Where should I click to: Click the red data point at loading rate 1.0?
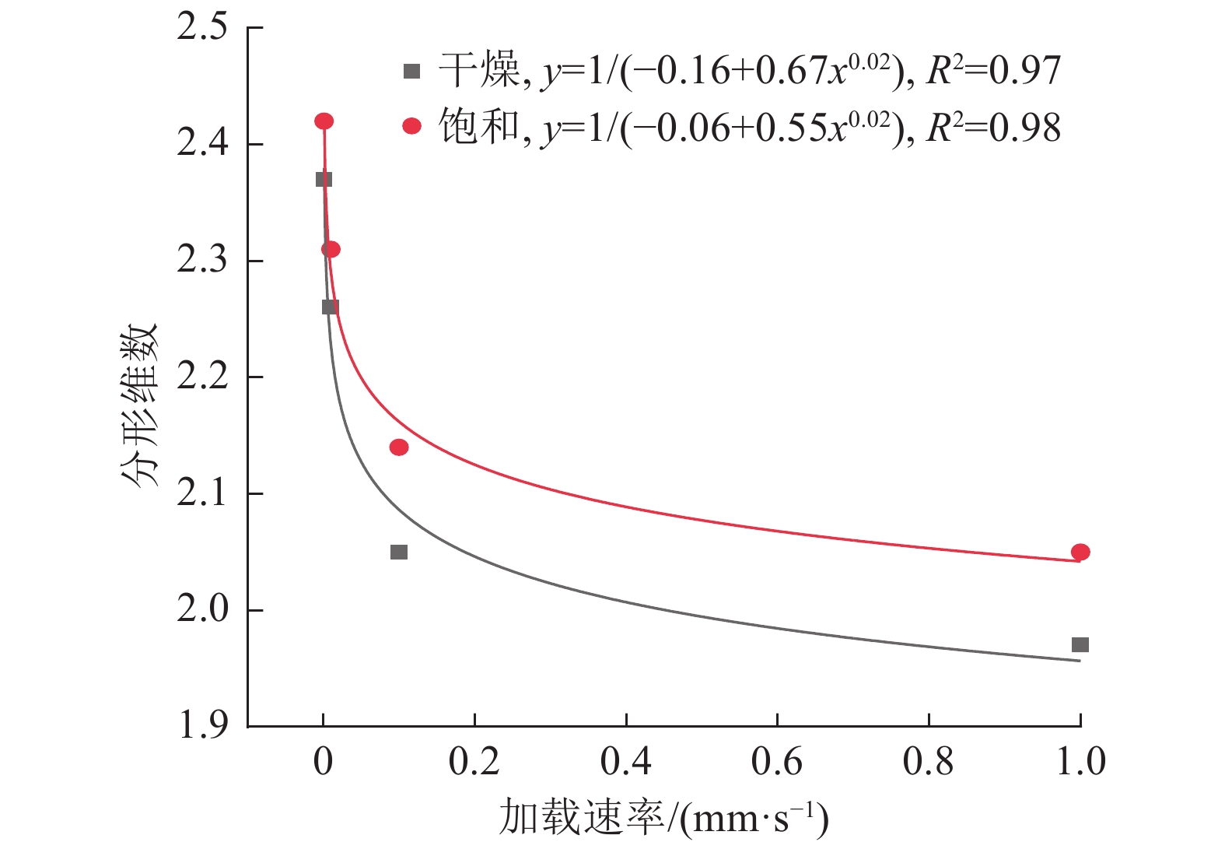coord(1080,552)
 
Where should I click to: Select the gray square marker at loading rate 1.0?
coord(1080,644)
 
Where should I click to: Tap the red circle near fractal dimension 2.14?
coord(398,447)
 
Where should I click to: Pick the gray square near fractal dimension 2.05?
coord(398,552)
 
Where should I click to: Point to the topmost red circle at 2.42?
coord(324,121)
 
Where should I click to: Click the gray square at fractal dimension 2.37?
coord(324,179)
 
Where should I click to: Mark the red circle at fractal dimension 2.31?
coord(331,249)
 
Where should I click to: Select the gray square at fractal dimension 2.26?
coord(330,307)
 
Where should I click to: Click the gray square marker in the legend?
coord(411,72)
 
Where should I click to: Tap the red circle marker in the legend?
coord(411,126)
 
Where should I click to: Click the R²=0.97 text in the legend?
coord(993,71)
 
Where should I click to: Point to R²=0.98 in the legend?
coord(993,128)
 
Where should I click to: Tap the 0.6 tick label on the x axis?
coord(776,762)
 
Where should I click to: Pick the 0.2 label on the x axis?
coord(474,762)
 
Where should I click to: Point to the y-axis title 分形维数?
coord(140,405)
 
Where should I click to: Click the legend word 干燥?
coord(478,71)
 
